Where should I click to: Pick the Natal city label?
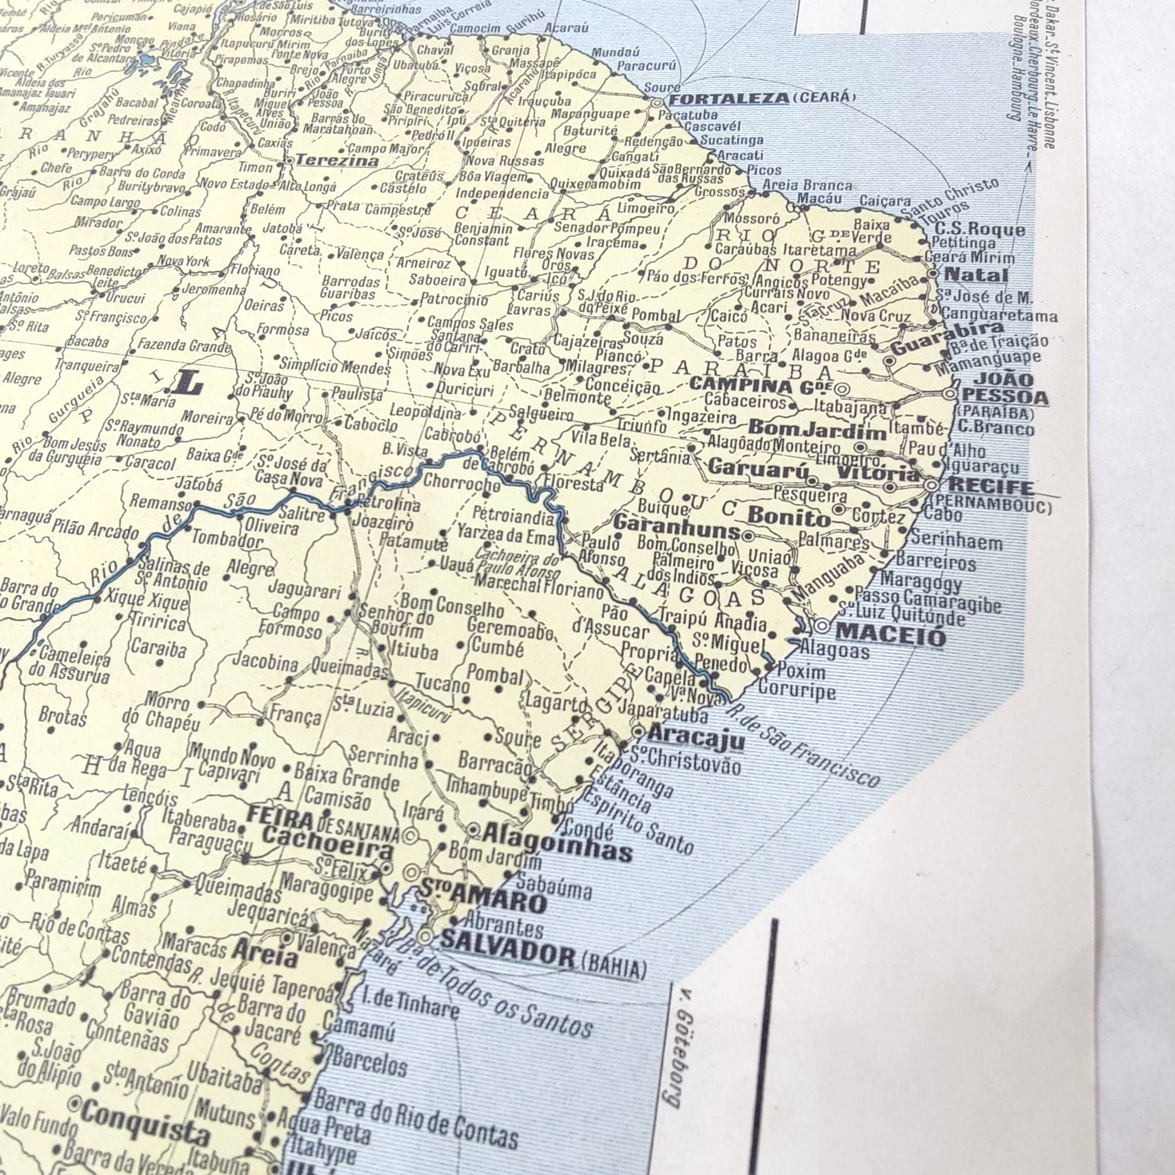click(x=975, y=275)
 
